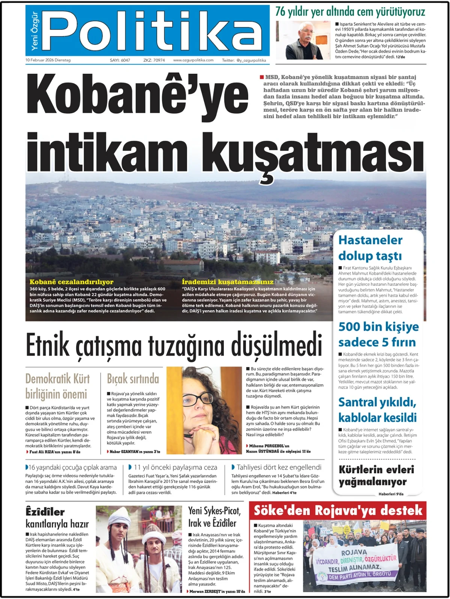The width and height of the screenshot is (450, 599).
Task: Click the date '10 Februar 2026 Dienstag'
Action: pyautogui.click(x=48, y=60)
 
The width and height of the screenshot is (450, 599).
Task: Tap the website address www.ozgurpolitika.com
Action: pyautogui.click(x=193, y=60)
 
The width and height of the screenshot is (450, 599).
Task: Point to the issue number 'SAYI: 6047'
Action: pyautogui.click(x=120, y=60)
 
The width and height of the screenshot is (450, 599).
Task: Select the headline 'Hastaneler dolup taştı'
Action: pyautogui.click(x=370, y=248)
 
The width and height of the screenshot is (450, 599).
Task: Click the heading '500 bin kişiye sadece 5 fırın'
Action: pyautogui.click(x=378, y=334)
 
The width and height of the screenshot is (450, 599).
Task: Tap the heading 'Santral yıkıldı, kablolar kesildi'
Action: pyautogui.click(x=377, y=410)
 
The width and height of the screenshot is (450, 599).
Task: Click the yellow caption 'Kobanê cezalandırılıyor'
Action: pyautogui.click(x=71, y=282)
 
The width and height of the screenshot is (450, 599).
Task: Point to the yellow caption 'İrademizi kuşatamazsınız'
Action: pyautogui.click(x=228, y=282)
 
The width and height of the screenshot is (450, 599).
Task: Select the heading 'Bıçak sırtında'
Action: pyautogui.click(x=133, y=379)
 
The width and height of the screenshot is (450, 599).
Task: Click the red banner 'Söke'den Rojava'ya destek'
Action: pyautogui.click(x=338, y=511)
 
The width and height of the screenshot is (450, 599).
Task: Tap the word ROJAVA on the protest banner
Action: pyautogui.click(x=354, y=552)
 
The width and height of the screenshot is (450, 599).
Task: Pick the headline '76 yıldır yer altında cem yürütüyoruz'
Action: pyautogui.click(x=350, y=12)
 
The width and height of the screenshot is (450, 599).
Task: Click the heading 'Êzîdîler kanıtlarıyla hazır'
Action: pyautogui.click(x=57, y=517)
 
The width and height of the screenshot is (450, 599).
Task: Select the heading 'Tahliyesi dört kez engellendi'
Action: pyautogui.click(x=279, y=467)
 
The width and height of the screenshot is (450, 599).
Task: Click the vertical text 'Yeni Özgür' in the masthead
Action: pyautogui.click(x=34, y=31)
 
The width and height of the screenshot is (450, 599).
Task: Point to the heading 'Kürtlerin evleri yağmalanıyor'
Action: pyautogui.click(x=376, y=475)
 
